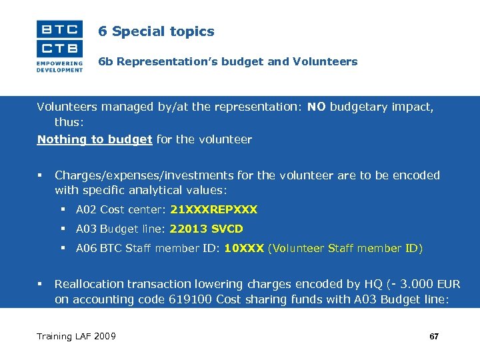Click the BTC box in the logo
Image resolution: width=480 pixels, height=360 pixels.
click(59, 29)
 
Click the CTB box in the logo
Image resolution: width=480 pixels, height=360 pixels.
click(59, 48)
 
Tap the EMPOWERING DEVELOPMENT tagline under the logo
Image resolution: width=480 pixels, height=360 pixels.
click(59, 66)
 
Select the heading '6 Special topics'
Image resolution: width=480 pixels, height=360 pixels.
click(156, 31)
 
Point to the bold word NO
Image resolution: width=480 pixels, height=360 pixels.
click(317, 106)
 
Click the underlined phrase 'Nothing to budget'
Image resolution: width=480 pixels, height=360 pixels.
click(95, 139)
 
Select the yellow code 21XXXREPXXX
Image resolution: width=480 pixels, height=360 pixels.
click(213, 210)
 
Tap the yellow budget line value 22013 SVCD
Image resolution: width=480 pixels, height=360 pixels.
click(206, 229)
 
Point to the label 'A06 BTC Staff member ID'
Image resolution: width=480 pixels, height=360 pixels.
click(148, 249)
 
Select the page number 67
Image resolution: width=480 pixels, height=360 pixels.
click(434, 337)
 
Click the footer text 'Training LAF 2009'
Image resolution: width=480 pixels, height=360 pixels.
click(76, 336)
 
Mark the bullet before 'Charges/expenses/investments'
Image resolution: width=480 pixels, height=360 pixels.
click(40, 175)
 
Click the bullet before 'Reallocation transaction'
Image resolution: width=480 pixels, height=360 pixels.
click(40, 284)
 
